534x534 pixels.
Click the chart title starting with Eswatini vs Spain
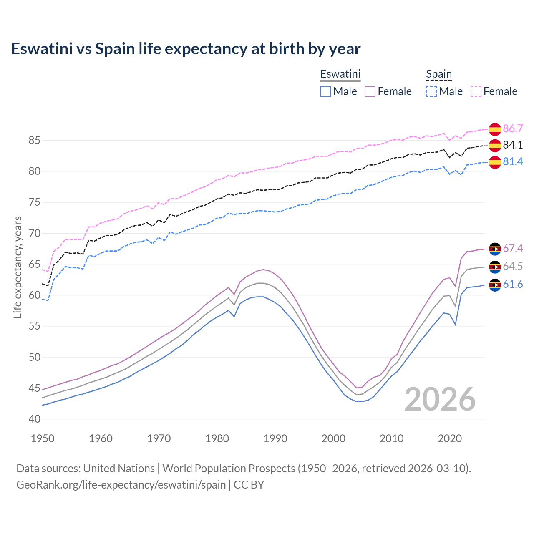pyautogui.click(x=186, y=49)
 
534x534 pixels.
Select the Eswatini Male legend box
pyautogui.click(x=326, y=91)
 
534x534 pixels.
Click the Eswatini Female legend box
pyautogui.click(x=370, y=91)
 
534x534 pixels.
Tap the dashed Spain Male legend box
pyautogui.click(x=431, y=91)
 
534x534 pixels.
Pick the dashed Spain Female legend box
pyautogui.click(x=476, y=91)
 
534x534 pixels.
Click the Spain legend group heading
pyautogui.click(x=439, y=74)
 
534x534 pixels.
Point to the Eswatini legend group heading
pyautogui.click(x=340, y=74)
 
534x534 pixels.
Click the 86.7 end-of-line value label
pyautogui.click(x=513, y=128)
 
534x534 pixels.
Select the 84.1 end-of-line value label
pyautogui.click(x=513, y=145)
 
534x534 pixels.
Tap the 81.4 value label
pyautogui.click(x=513, y=161)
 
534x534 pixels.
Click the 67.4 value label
pyautogui.click(x=513, y=248)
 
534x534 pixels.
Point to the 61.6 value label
pyautogui.click(x=513, y=284)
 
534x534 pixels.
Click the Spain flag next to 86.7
pyautogui.click(x=495, y=129)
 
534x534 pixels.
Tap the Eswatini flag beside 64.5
pyautogui.click(x=495, y=267)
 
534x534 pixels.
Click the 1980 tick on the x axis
pyautogui.click(x=217, y=438)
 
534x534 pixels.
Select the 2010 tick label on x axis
pyautogui.click(x=391, y=438)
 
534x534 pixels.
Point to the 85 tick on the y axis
pyautogui.click(x=34, y=140)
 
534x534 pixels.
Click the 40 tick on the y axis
pyautogui.click(x=34, y=419)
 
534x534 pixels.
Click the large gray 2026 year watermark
pyautogui.click(x=440, y=399)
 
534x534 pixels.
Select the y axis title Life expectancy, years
pyautogui.click(x=18, y=267)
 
